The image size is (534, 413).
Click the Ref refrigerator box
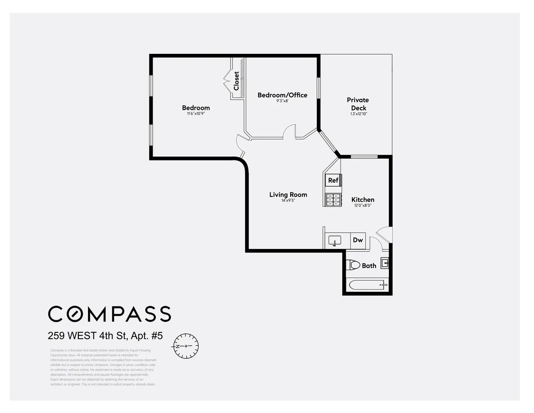coord(333,180)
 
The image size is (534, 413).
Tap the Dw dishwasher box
coord(358,240)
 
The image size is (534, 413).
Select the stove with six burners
coord(333,200)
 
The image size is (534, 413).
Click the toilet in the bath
coord(354,265)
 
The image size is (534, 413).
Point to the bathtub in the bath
coord(368,284)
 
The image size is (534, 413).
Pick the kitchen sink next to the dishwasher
coord(334,241)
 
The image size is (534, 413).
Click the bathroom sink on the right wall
coord(385,262)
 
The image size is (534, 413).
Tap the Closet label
coord(236,81)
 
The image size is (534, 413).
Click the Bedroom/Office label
coord(282,95)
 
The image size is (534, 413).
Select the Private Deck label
coord(358,104)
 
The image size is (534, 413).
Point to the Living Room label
coord(288,195)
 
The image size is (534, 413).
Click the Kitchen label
coord(363,200)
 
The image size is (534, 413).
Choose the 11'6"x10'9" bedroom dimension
coord(196,114)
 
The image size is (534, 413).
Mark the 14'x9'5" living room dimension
coord(288,201)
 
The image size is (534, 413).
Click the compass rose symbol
coord(186,346)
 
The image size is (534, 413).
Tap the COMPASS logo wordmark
coord(109,314)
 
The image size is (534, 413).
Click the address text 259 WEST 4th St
coord(105,335)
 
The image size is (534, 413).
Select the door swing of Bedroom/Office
coord(290,132)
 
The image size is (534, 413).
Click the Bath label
coord(369,266)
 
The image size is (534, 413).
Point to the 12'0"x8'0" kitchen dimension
coord(363,206)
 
